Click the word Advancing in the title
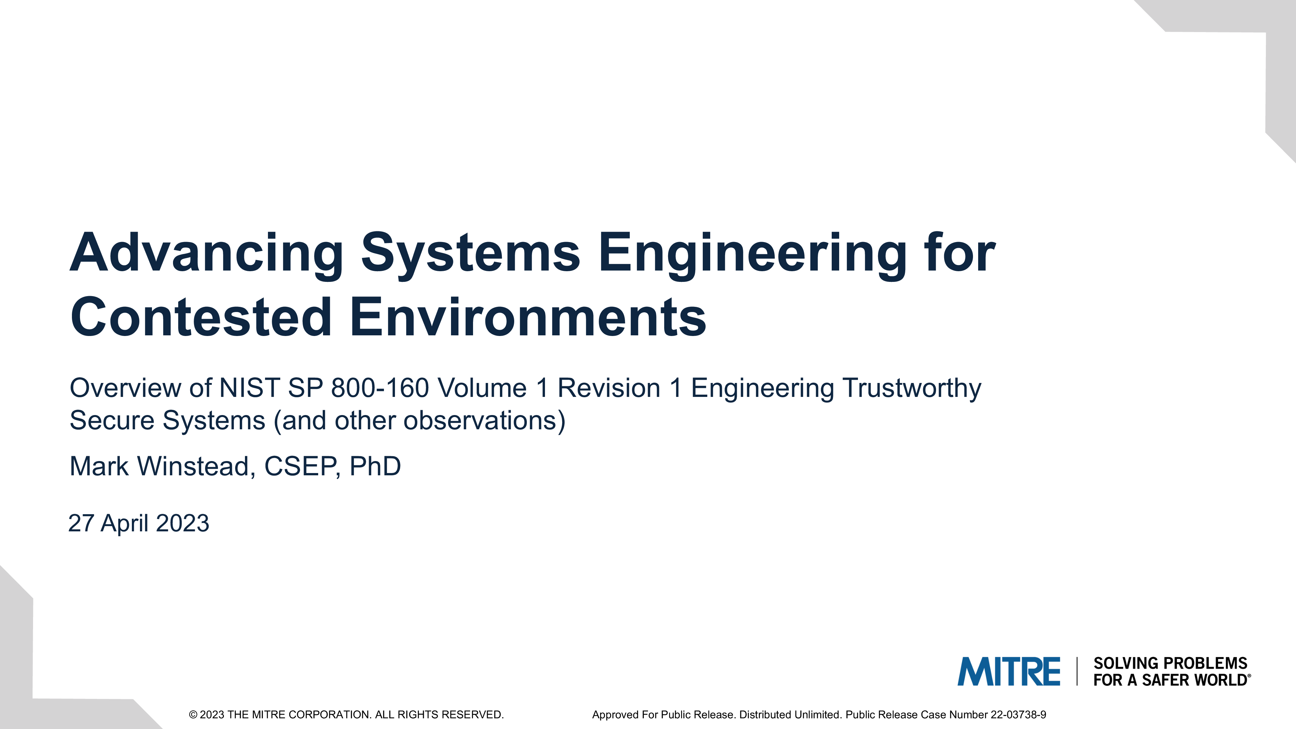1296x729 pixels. [x=207, y=254]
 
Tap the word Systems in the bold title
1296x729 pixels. [x=471, y=254]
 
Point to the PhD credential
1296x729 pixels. [x=375, y=466]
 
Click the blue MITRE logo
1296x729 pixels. [x=1009, y=672]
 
